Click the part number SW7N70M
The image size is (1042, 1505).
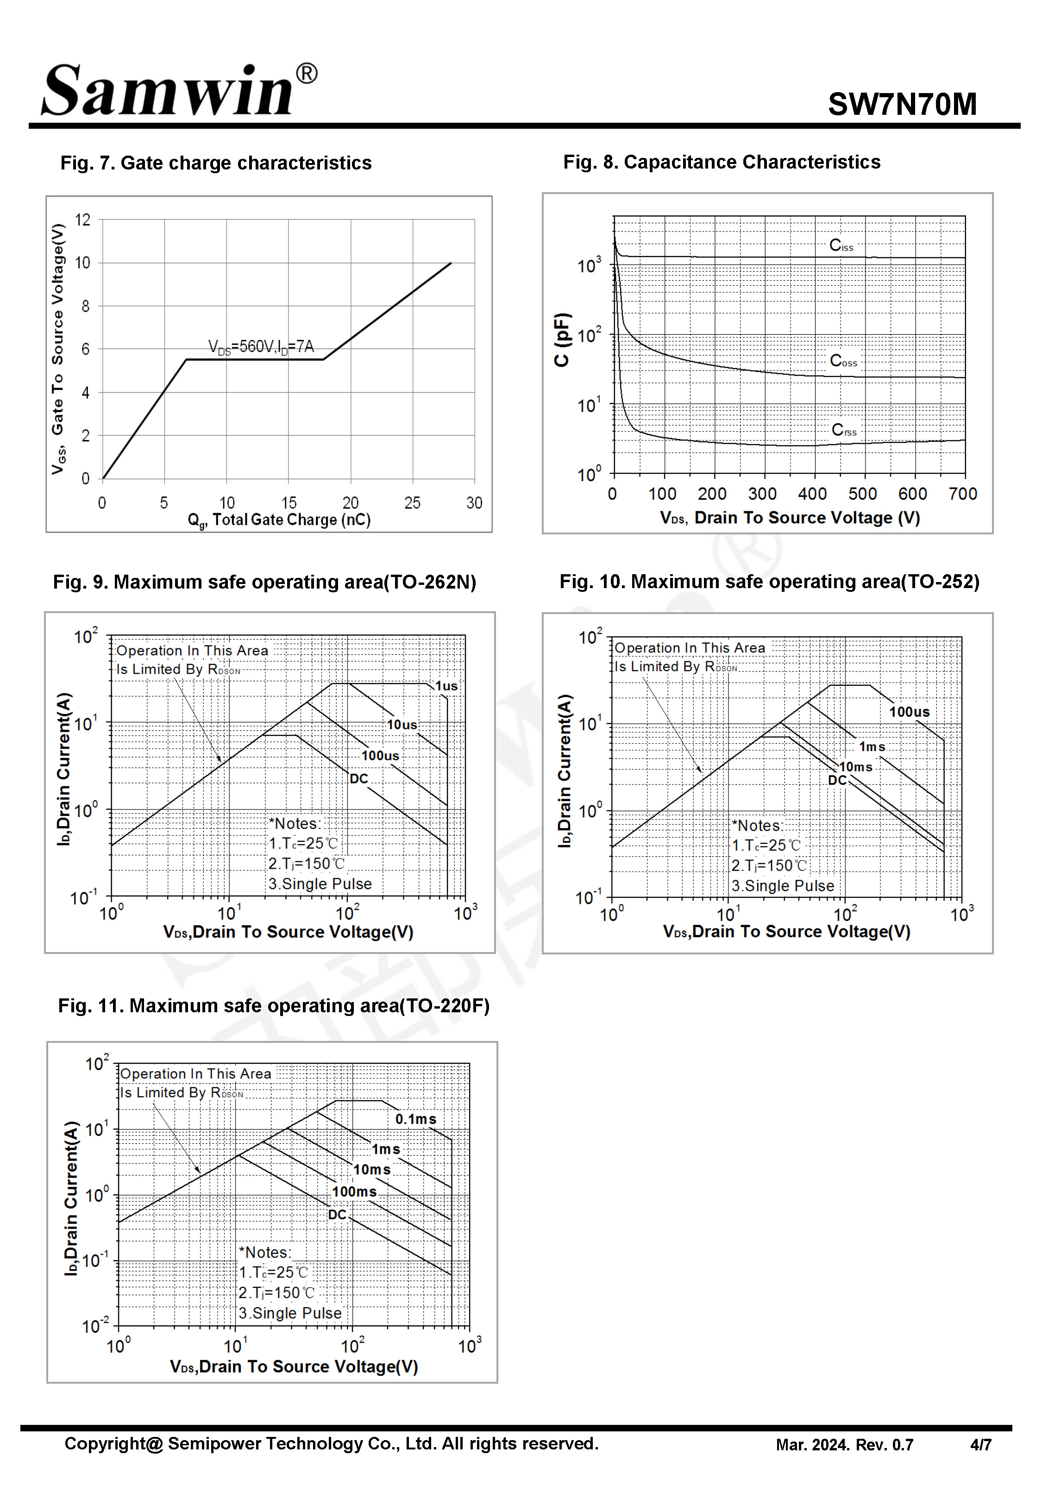pyautogui.click(x=902, y=104)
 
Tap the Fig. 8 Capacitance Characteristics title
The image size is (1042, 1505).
pyautogui.click(x=722, y=162)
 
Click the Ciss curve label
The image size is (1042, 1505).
pyautogui.click(x=841, y=245)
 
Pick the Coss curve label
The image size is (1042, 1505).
pyautogui.click(x=843, y=361)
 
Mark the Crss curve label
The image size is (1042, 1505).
pyautogui.click(x=843, y=430)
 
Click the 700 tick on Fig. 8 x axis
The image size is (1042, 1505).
pyautogui.click(x=962, y=494)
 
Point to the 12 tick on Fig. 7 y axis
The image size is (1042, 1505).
pyautogui.click(x=83, y=220)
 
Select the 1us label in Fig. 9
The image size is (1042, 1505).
pyautogui.click(x=446, y=686)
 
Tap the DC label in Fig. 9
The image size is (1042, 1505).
pyautogui.click(x=358, y=778)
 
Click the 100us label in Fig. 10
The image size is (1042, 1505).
pyautogui.click(x=909, y=712)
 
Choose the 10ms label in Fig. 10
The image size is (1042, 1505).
pyautogui.click(x=855, y=767)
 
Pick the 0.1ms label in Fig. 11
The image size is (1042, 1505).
pyautogui.click(x=415, y=1119)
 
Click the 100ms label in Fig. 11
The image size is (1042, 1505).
pyautogui.click(x=354, y=1192)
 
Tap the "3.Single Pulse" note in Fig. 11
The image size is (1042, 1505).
pyautogui.click(x=290, y=1313)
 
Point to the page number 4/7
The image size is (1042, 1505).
pyautogui.click(x=980, y=1445)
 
